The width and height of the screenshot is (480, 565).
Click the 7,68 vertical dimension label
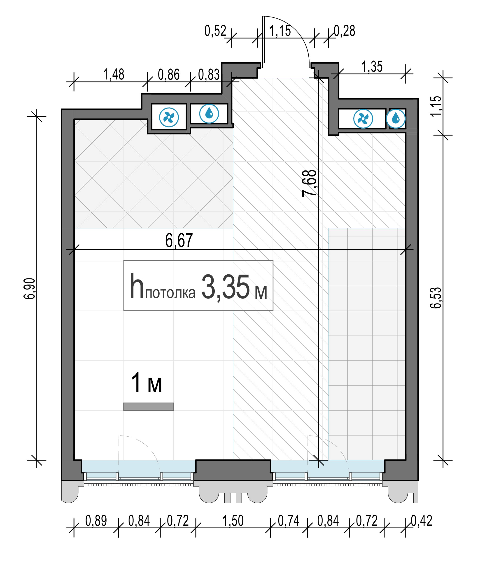[x=309, y=183]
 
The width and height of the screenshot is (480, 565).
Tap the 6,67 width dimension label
[x=179, y=240]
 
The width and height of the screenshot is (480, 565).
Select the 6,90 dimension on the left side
[x=29, y=289]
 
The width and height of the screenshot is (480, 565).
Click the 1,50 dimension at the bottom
[x=233, y=521]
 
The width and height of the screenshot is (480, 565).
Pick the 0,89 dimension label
[x=96, y=521]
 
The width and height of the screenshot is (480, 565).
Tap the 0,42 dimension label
[x=421, y=521]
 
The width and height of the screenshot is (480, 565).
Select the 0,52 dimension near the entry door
[x=215, y=31]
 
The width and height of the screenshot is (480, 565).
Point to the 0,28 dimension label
[x=345, y=31]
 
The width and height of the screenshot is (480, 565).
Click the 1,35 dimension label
[x=372, y=66]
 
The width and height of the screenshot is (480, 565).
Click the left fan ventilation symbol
[x=169, y=118]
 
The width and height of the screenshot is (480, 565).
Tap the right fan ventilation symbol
[x=363, y=119]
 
